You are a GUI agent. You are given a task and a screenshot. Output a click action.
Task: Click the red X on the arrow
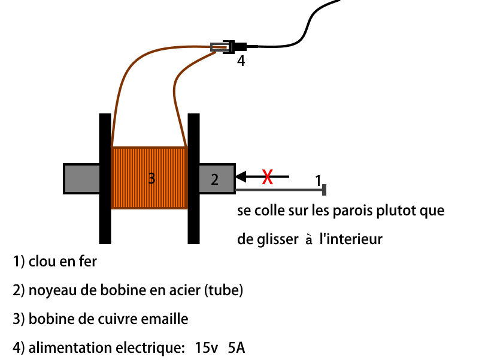(x=267, y=177)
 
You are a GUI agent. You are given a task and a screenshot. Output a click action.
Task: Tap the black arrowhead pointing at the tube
(x=241, y=176)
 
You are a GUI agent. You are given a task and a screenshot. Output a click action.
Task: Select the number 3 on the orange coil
(x=151, y=178)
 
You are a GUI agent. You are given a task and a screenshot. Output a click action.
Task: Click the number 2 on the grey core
(x=215, y=179)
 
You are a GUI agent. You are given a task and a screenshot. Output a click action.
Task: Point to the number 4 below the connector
(x=241, y=61)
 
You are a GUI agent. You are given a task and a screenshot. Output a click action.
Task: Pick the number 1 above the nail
(x=318, y=181)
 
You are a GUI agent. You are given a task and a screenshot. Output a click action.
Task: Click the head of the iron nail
(x=324, y=190)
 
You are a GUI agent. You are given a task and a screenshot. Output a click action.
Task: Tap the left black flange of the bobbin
(x=105, y=179)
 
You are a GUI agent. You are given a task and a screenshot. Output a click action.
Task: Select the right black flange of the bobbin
(x=193, y=179)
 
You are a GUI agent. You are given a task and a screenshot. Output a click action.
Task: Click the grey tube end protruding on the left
(x=81, y=179)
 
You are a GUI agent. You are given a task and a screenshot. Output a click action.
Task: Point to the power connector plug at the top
(x=229, y=47)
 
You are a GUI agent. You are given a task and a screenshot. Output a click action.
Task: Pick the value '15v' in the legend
(x=206, y=348)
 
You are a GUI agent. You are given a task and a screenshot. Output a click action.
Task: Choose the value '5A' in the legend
(x=237, y=348)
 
